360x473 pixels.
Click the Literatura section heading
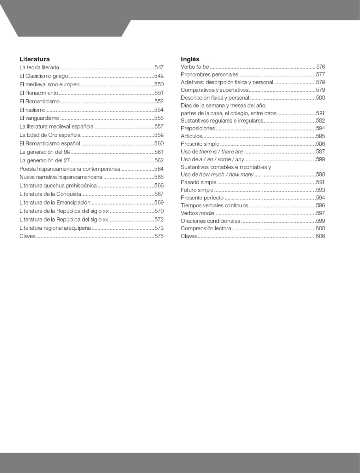[35, 59]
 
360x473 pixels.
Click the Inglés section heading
[190, 59]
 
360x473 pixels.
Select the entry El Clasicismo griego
[44, 76]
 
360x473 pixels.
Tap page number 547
[159, 67]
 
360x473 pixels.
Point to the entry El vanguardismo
[39, 118]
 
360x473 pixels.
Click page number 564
[159, 169]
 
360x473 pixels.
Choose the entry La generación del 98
[45, 152]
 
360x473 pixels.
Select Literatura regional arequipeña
[55, 228]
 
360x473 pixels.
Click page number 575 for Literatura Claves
[159, 236]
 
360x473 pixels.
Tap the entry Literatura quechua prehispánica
[58, 186]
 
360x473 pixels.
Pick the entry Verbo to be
[195, 67]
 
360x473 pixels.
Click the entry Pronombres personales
[209, 74]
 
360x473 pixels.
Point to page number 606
[320, 236]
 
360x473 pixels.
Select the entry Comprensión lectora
[206, 229]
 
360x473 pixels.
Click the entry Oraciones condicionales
[210, 221]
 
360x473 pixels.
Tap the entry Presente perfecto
[202, 198]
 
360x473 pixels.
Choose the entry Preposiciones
[198, 128]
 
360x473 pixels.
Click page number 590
[320, 174]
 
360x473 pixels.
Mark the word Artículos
[191, 136]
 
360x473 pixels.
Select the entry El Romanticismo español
[50, 143]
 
